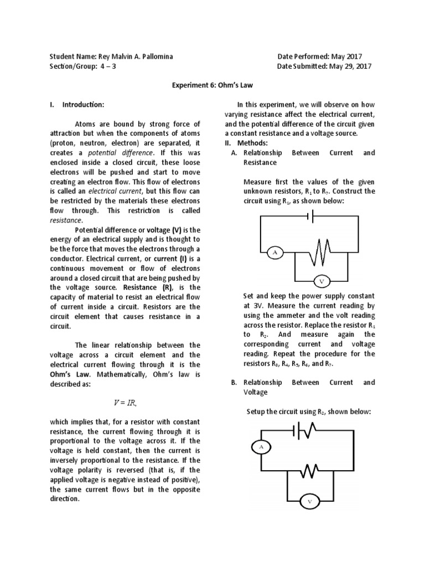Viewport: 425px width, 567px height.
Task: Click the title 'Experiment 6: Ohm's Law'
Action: pyautogui.click(x=212, y=86)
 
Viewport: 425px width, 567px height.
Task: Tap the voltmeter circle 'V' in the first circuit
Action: pyautogui.click(x=321, y=281)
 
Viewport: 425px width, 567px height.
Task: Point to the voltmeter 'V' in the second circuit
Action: pyautogui.click(x=309, y=502)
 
